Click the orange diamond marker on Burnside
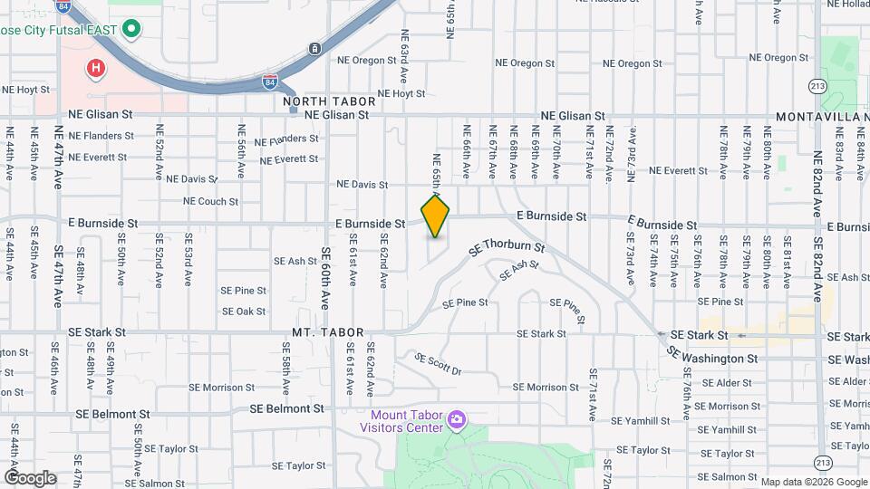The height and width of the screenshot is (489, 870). coord(436,216)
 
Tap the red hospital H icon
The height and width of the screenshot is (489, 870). coord(94,67)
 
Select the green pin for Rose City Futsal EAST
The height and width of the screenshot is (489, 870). coord(131,29)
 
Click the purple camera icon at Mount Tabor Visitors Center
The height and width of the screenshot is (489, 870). coord(456,419)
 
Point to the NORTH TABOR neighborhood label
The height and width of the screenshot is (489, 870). coord(316,101)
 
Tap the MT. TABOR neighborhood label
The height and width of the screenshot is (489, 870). coord(328,333)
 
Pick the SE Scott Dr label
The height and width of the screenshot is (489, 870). coord(438,364)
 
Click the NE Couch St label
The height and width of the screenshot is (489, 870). coord(210,201)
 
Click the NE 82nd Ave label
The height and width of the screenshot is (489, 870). coord(817,182)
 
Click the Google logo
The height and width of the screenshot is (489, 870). coord(30,478)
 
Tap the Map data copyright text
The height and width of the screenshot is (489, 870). coord(813,482)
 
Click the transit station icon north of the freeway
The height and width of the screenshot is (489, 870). coord(314,48)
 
